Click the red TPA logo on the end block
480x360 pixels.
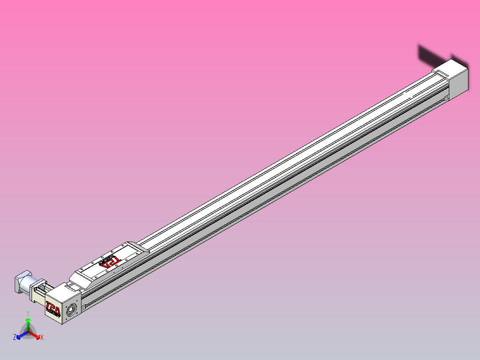pos(53,307)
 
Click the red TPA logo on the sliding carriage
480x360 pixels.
pos(110,262)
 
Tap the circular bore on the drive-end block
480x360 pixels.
pos(70,310)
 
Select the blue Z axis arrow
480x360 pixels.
pos(20,336)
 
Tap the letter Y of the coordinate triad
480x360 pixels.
pos(28,314)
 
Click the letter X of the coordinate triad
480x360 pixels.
pos(42,338)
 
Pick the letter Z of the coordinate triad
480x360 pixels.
pos(15,338)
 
